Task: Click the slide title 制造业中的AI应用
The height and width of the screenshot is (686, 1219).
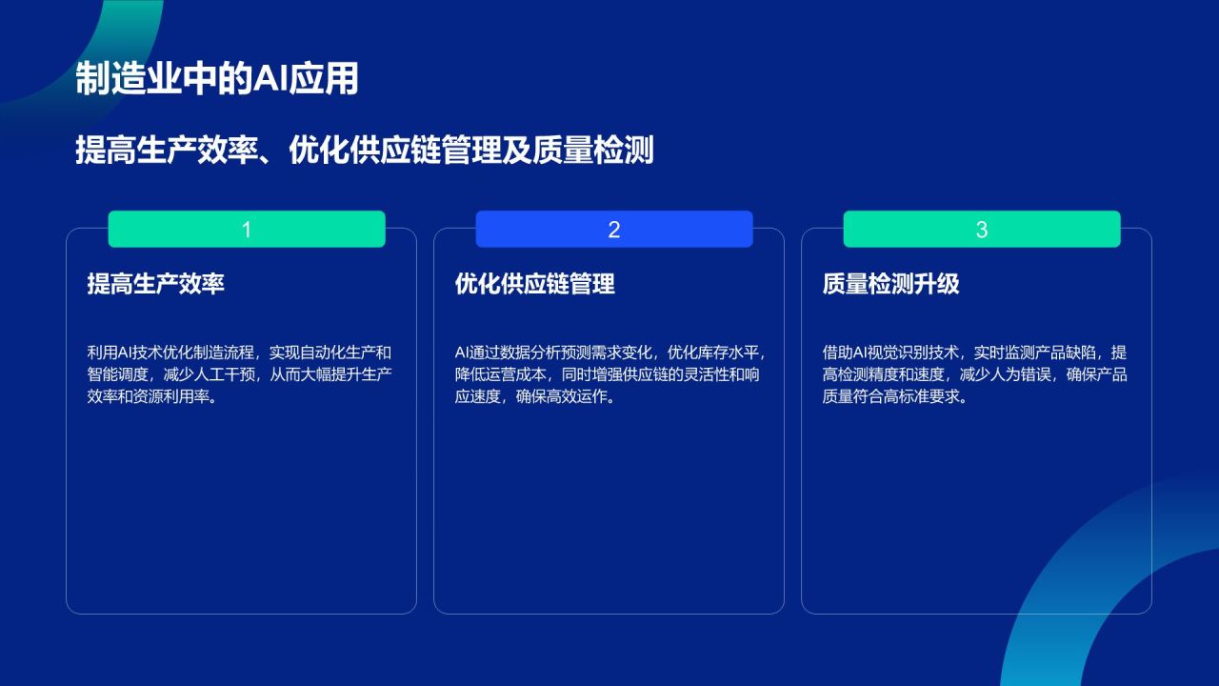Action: pos(217,80)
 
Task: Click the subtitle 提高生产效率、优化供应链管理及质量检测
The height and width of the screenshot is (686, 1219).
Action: pos(365,151)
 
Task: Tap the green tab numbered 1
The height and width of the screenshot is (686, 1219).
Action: pos(247,230)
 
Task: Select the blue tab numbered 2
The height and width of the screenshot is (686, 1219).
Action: pos(614,230)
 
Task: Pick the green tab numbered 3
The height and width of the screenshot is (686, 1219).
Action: pos(982,230)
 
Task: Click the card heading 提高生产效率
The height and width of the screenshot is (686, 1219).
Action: pos(155,284)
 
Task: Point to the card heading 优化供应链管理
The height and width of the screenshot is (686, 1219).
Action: pos(534,284)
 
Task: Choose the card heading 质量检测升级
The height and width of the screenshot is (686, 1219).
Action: pos(890,284)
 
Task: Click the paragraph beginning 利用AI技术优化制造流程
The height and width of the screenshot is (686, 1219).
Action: pos(239,374)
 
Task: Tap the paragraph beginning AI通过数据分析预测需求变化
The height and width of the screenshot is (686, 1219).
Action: pos(608,374)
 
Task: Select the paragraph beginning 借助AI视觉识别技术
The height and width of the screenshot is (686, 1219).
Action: pos(974,374)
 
